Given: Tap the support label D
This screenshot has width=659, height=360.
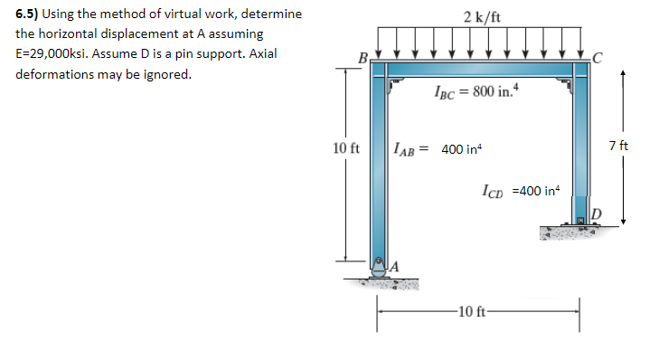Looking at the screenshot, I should pos(595,213).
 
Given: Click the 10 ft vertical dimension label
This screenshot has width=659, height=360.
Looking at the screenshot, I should pos(346,147).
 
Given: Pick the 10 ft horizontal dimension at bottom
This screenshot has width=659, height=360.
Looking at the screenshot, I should pos(476,313).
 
